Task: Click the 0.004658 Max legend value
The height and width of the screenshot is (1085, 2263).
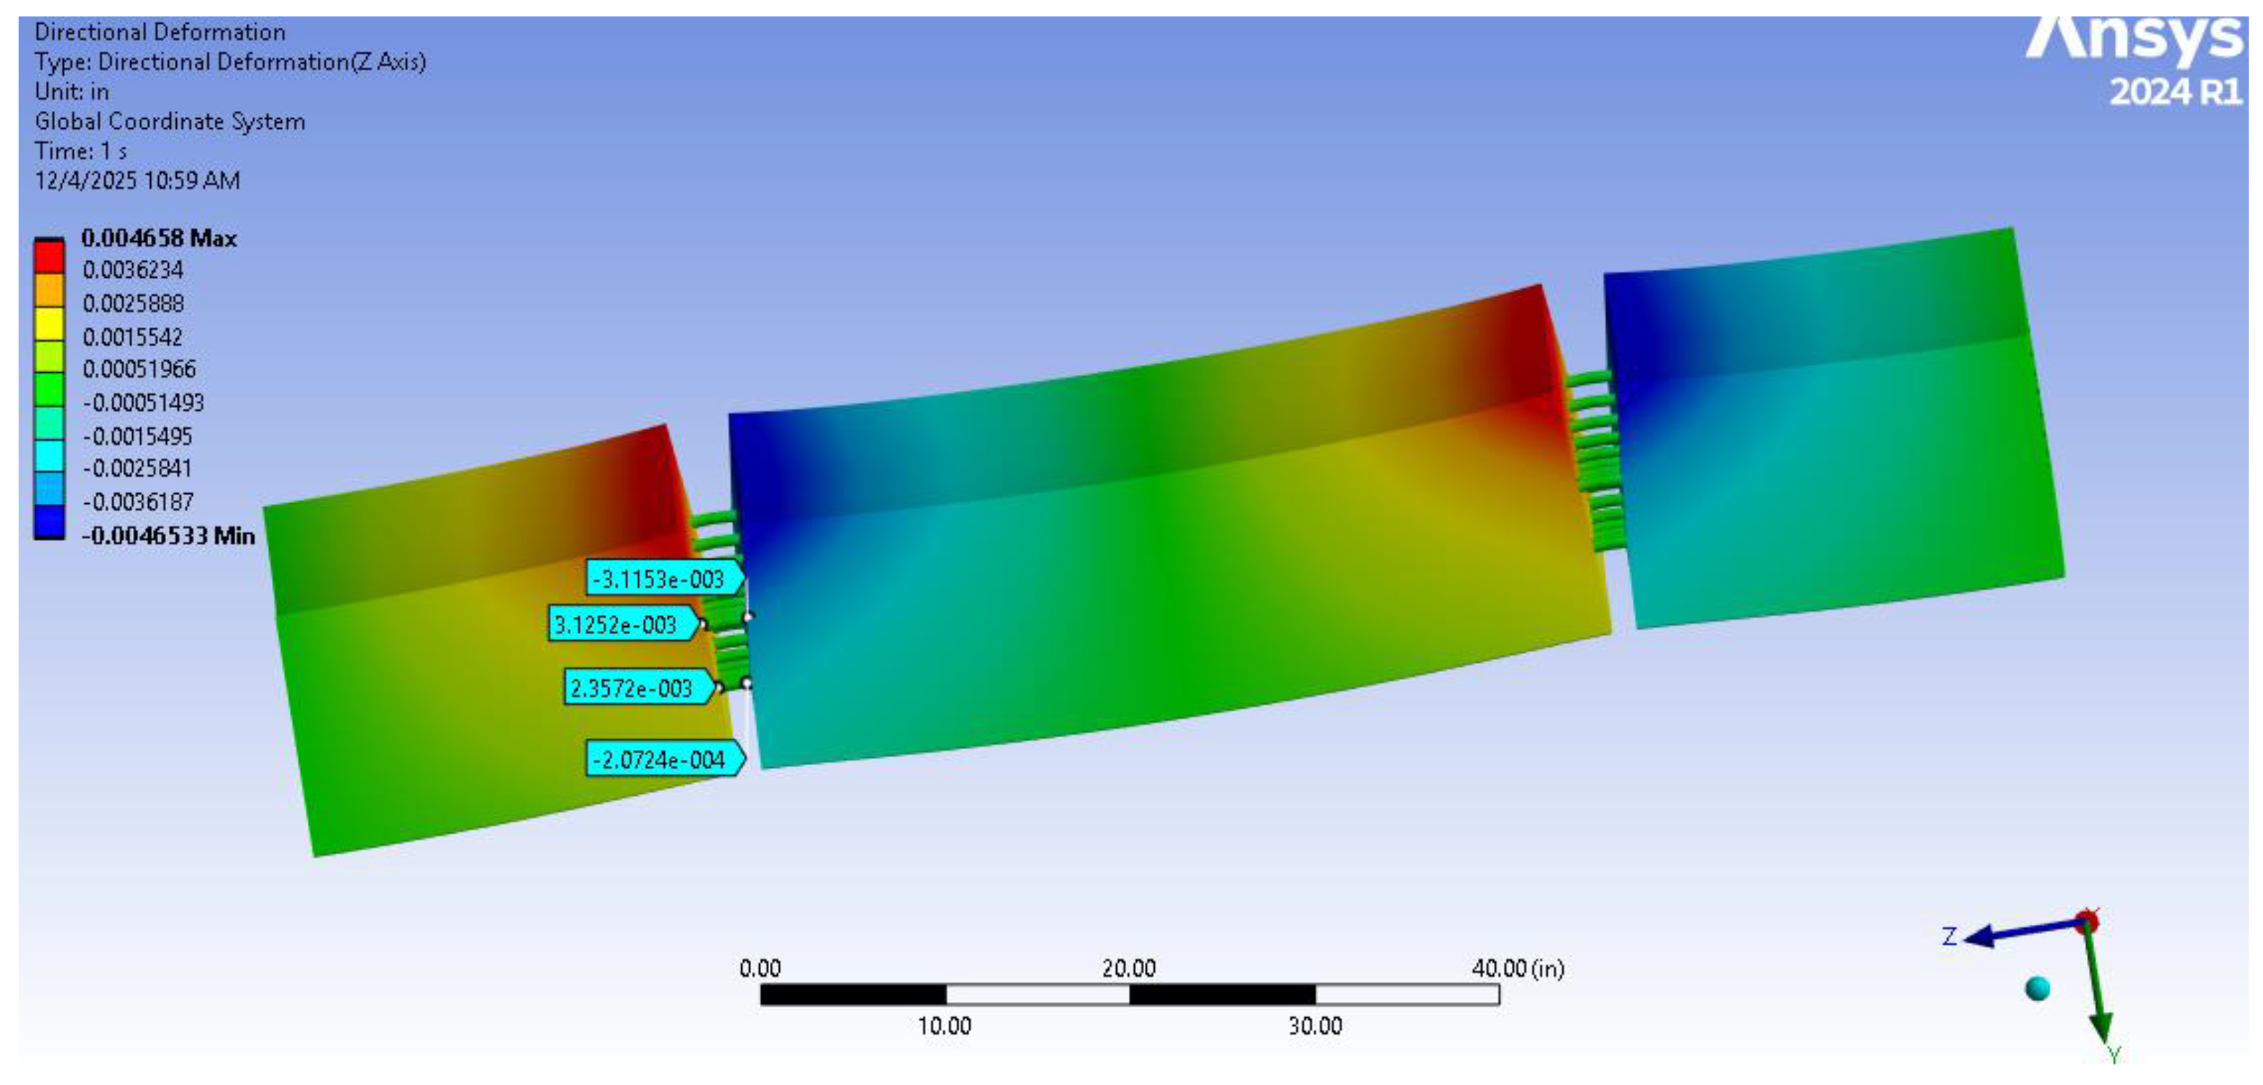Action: click(x=159, y=238)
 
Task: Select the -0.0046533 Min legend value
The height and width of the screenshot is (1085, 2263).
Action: click(x=168, y=535)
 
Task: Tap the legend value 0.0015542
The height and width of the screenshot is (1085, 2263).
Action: click(x=132, y=336)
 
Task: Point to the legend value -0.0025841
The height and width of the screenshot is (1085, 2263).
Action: click(x=137, y=468)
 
